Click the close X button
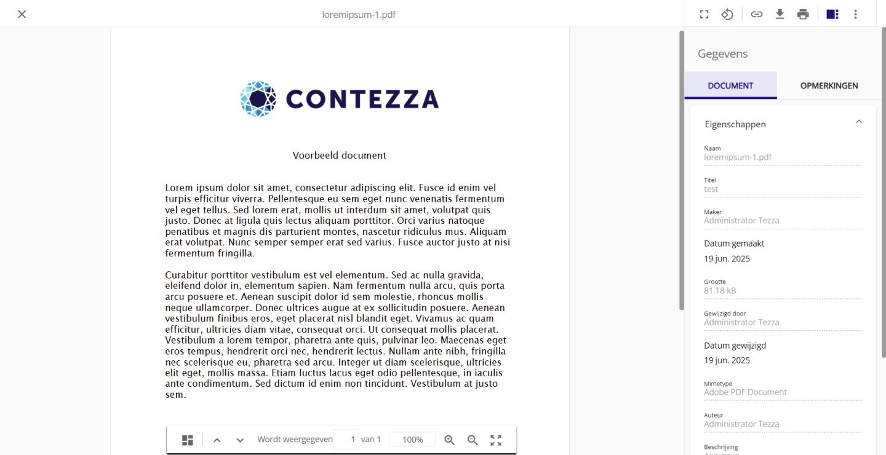tap(22, 14)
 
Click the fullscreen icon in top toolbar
tap(704, 14)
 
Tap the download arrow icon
tap(780, 14)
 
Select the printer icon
tap(803, 14)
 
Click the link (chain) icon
tap(757, 14)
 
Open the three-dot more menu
tap(855, 14)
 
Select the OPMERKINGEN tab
tap(829, 85)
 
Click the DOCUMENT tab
tap(730, 85)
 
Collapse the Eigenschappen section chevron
tap(859, 122)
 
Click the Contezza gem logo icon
tap(258, 98)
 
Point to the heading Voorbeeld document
tap(340, 156)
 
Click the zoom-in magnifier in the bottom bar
tap(450, 440)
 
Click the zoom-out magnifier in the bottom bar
tap(473, 440)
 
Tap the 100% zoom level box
tap(412, 440)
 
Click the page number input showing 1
tap(346, 440)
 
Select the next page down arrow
tap(240, 440)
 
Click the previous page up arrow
tap(217, 440)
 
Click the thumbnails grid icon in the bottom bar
tap(188, 440)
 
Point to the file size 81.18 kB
tap(720, 291)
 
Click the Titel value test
tap(711, 189)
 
